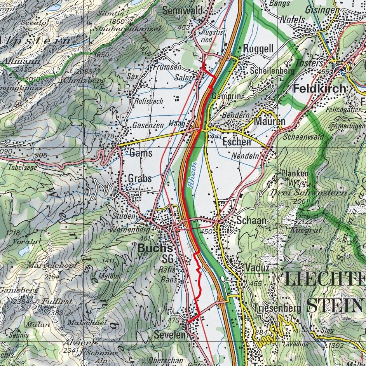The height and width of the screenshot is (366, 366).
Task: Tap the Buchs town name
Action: tap(155, 248)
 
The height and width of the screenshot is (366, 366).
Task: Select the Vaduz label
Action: tap(257, 268)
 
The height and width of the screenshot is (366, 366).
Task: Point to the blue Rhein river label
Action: tap(193, 174)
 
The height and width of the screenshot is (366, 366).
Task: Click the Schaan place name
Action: tap(251, 220)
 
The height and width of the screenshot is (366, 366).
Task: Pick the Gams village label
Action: tap(141, 153)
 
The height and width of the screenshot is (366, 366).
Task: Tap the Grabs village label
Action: tap(140, 179)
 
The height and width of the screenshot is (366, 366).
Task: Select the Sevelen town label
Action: tap(168, 334)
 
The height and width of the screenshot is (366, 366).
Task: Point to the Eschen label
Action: tap(237, 142)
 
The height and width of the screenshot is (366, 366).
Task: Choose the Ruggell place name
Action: tap(258, 49)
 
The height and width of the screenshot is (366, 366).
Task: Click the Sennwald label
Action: tap(182, 11)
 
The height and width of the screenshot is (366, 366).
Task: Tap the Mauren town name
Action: tap(270, 122)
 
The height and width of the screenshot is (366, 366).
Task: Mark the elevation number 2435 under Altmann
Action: tap(24, 69)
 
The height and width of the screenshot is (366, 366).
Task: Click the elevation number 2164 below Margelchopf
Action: tap(52, 277)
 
